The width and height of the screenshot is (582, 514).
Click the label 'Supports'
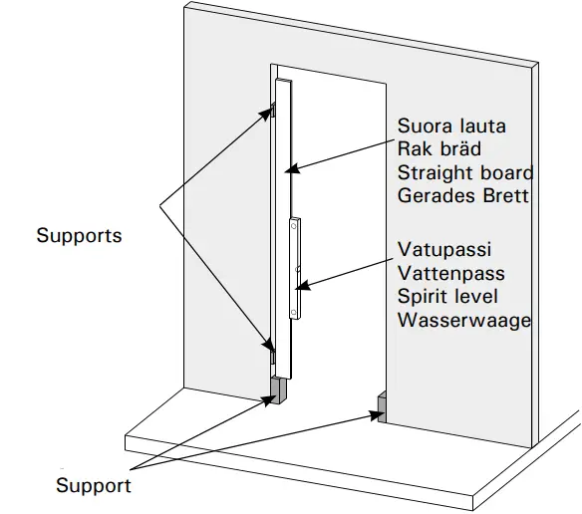[x=79, y=236]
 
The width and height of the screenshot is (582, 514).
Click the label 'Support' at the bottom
[x=93, y=486]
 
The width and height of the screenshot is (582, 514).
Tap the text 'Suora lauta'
[x=451, y=127]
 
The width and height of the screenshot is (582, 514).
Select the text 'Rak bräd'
[x=439, y=149]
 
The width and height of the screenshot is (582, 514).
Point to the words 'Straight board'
[x=465, y=172]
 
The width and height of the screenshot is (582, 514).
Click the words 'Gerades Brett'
[x=463, y=195]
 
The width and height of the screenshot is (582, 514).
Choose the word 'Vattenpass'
[x=450, y=274]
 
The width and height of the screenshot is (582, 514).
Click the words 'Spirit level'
[x=447, y=297]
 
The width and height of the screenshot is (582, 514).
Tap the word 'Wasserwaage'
[x=463, y=320]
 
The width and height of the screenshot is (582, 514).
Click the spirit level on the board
[x=297, y=269]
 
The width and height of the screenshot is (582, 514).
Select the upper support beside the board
[x=271, y=111]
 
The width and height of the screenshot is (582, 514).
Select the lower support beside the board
[x=271, y=351]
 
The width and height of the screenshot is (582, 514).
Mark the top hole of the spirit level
[x=296, y=228]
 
